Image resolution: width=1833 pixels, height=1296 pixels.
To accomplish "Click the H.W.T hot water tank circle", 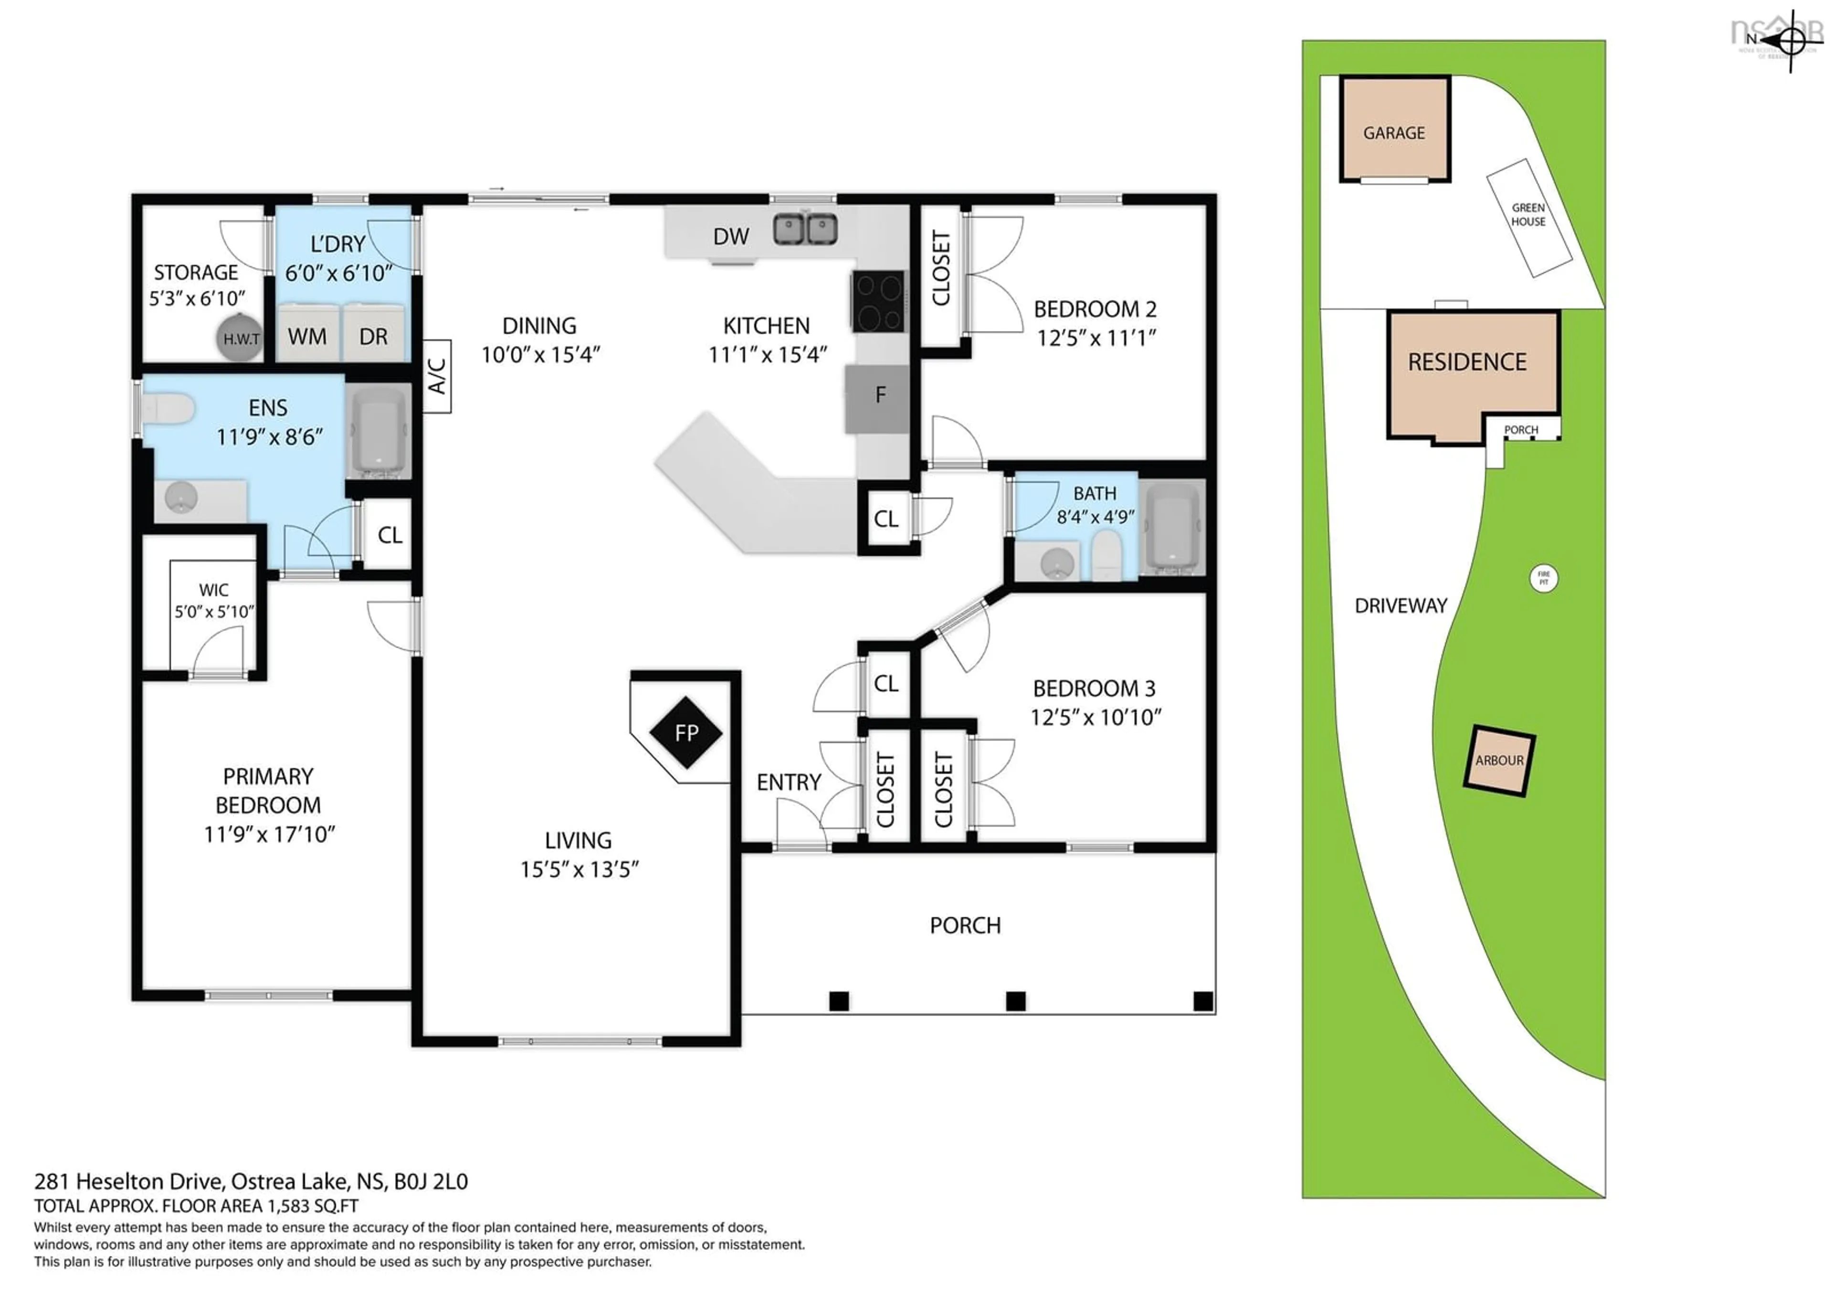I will click(240, 339).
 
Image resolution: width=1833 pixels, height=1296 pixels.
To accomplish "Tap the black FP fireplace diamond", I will click(686, 732).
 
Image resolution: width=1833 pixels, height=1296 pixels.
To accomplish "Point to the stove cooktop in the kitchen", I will click(879, 301).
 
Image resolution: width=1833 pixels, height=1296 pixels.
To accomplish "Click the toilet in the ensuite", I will click(170, 409).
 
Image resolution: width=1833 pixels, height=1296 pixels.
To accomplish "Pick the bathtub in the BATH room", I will click(1171, 527).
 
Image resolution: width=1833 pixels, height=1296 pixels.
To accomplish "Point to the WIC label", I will click(213, 590).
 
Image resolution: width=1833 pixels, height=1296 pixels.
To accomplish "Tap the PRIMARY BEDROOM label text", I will click(268, 790).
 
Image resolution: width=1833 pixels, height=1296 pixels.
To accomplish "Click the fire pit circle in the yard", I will click(1543, 578).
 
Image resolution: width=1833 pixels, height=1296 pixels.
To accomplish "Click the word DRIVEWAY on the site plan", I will click(1401, 606).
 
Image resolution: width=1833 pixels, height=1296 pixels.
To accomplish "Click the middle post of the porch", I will click(1015, 1000).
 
